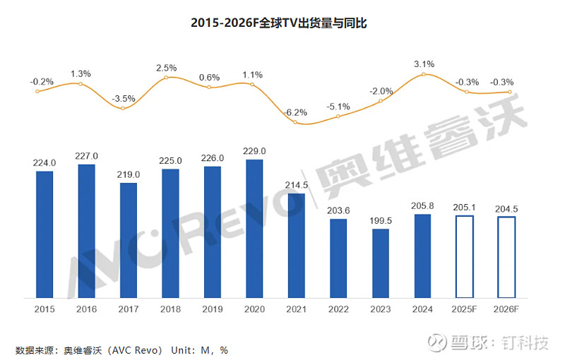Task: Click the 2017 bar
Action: (129, 239)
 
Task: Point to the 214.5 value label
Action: (297, 184)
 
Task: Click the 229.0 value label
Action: (254, 151)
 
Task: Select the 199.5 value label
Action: (381, 220)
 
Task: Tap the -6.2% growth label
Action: (297, 112)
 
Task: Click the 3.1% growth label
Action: (423, 64)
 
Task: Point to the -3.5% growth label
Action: (124, 98)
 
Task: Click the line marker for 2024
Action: (423, 74)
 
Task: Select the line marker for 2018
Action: (167, 77)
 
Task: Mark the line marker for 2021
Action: (297, 122)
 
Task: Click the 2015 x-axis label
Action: (44, 309)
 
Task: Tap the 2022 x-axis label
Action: (338, 309)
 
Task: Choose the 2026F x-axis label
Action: (507, 309)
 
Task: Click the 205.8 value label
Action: (423, 205)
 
